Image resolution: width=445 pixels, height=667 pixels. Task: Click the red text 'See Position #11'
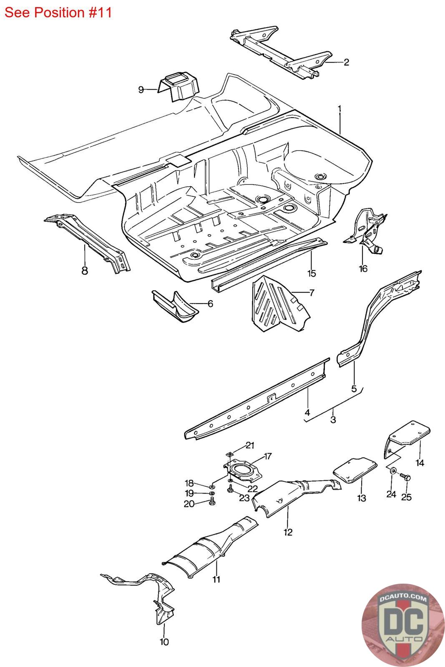58,12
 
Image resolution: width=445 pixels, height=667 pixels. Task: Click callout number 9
141,90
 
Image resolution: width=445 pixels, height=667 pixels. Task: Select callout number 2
346,63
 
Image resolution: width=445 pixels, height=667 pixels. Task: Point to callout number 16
363,268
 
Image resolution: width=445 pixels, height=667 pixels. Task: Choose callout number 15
312,273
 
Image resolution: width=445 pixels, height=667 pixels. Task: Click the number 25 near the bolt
406,497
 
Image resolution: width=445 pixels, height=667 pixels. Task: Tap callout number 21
250,446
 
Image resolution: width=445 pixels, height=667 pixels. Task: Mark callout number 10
164,642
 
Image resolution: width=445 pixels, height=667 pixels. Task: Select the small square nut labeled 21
229,454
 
